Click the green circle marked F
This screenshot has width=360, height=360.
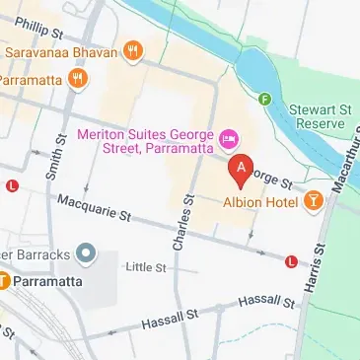pos(264,99)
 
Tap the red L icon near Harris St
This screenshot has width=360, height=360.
pos(291,261)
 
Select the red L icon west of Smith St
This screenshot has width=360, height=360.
pos(12,185)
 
